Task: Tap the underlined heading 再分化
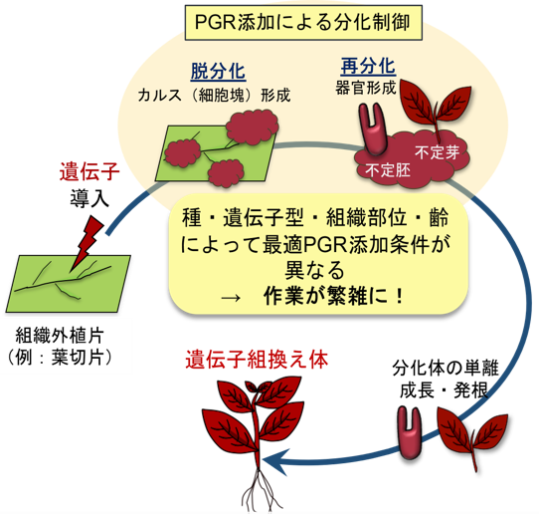[x=367, y=67]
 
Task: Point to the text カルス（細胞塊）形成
[x=213, y=95]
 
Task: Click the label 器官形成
[x=367, y=87]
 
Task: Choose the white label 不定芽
[x=435, y=152]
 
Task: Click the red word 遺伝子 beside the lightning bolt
[x=90, y=172]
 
